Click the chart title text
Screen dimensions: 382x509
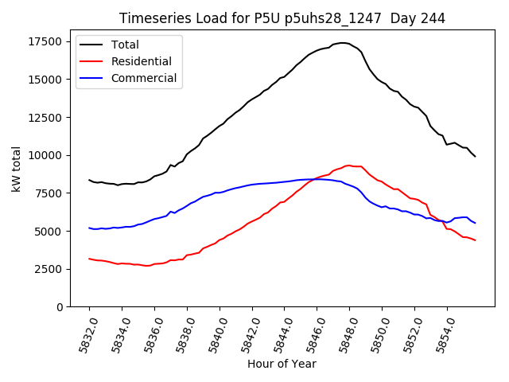point(282,18)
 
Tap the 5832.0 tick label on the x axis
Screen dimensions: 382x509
point(83,333)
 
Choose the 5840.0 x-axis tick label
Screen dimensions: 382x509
point(213,333)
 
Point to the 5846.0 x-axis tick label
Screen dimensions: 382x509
point(311,333)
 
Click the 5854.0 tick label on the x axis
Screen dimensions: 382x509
point(441,333)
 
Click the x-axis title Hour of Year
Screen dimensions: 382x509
point(282,364)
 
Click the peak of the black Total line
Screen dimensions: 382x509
point(343,43)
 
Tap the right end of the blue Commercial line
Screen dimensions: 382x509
point(475,223)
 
